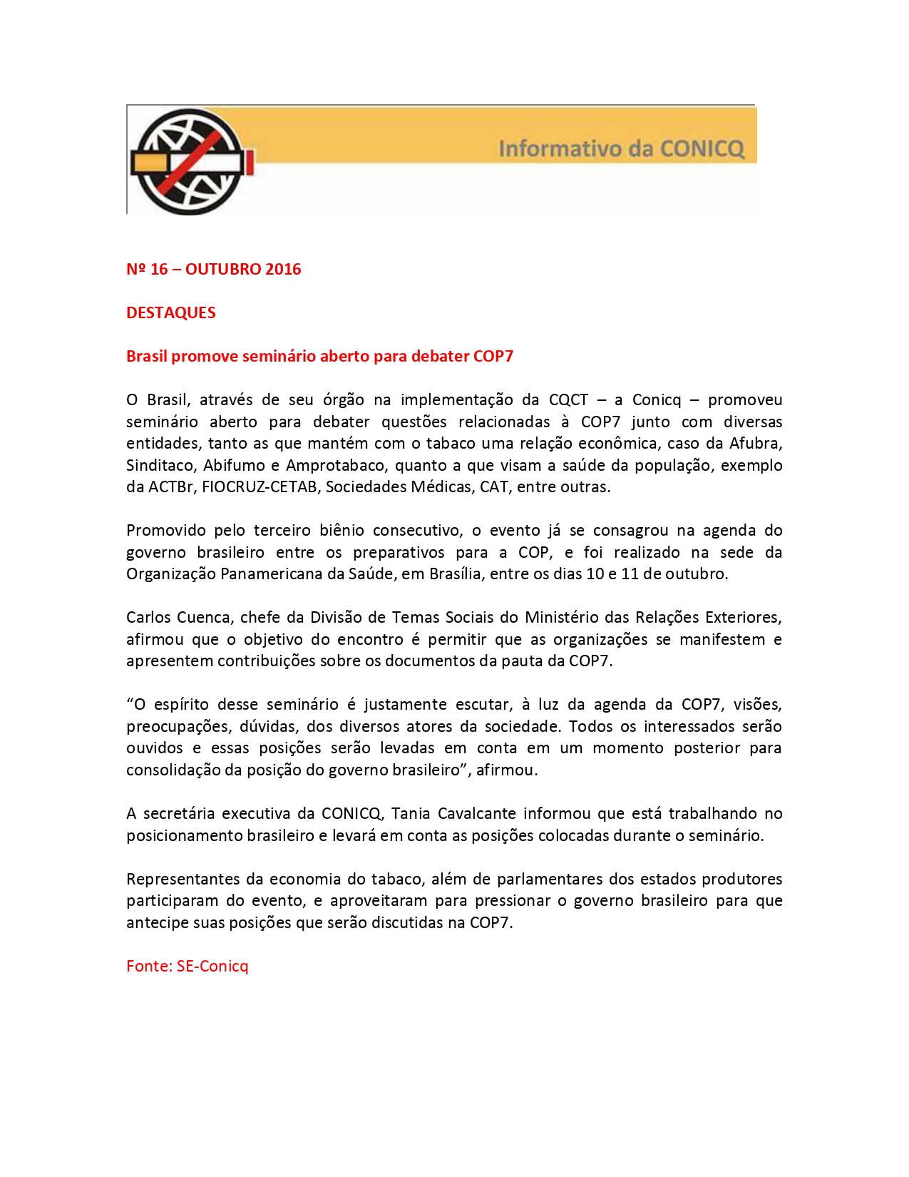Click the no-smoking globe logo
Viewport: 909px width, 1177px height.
[x=190, y=161]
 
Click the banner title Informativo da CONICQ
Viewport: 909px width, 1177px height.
[x=621, y=148]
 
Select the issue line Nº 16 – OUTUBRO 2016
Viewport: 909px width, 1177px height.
[x=213, y=269]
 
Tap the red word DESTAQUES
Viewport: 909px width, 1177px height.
[x=170, y=312]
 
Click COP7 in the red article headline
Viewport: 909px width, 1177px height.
[x=493, y=356]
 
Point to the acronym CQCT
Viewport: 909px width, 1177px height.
[x=568, y=399]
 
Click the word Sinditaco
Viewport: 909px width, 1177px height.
[x=160, y=465]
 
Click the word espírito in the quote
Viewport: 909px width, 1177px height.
[x=181, y=704]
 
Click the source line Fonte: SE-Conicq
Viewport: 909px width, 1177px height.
[x=188, y=966]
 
